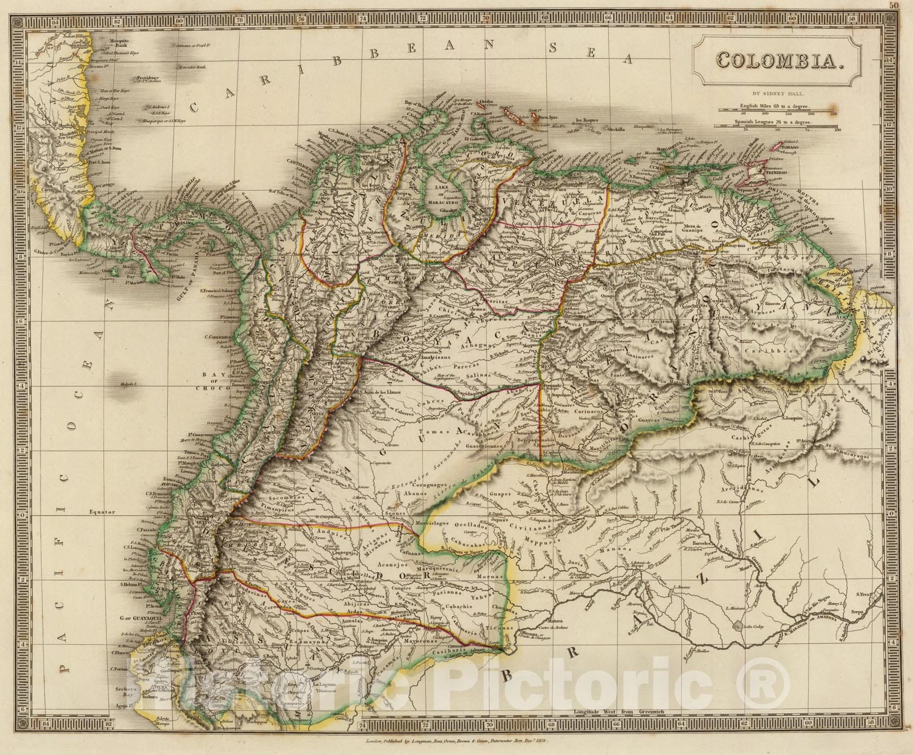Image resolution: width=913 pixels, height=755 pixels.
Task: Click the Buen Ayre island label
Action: [x=546, y=116]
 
